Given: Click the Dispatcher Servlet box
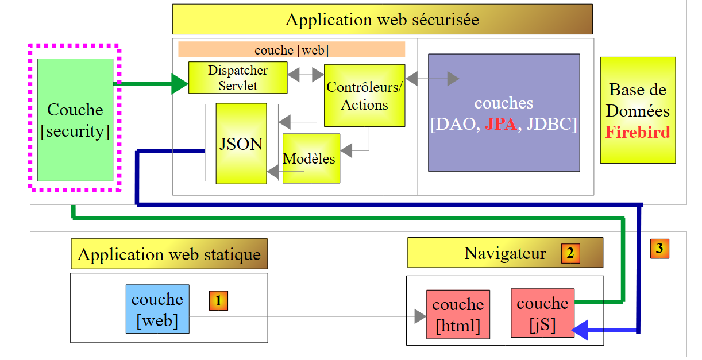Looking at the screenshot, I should (x=238, y=78).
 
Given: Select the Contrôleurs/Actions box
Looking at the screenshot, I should (x=364, y=95).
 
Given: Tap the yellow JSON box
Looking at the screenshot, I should (x=241, y=144).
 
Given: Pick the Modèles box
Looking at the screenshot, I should (x=311, y=158).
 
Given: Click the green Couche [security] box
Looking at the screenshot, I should (x=75, y=119).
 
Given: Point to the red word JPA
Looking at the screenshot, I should (x=500, y=123).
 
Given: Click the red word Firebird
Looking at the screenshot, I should (x=638, y=132).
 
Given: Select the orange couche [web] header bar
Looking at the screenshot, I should (x=291, y=50).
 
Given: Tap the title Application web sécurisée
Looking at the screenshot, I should (x=382, y=20).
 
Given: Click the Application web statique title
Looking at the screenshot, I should (x=169, y=254).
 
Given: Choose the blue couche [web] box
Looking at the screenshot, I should (x=157, y=309).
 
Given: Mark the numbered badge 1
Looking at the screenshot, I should (x=218, y=300).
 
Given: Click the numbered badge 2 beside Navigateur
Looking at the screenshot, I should (x=570, y=253).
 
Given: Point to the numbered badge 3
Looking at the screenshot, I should (x=659, y=249).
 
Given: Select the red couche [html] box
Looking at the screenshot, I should (x=458, y=314).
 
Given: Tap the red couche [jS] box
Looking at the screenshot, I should (x=543, y=313).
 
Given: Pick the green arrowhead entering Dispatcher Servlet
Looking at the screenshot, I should (x=180, y=84).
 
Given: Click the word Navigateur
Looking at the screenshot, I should (x=505, y=253).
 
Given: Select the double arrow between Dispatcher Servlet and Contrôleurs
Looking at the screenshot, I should (x=306, y=75).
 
